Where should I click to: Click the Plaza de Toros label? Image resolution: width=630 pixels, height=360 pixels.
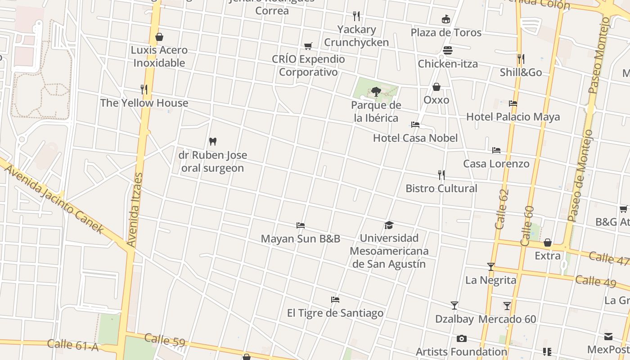(446, 32)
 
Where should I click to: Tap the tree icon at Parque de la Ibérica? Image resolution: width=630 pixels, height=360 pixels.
(376, 92)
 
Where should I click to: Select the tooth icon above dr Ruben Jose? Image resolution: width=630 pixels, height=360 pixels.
(213, 141)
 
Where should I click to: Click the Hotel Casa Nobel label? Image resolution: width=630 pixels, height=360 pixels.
(415, 138)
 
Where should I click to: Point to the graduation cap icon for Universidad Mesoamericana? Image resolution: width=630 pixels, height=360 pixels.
(389, 225)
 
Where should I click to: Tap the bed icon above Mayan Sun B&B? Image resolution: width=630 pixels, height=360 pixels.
(301, 225)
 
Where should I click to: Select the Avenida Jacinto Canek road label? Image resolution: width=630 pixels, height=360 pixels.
(54, 198)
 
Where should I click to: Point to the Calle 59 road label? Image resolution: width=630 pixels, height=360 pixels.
(165, 340)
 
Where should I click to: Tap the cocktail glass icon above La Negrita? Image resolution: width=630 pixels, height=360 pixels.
(490, 267)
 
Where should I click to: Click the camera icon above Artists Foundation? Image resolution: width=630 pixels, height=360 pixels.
(461, 338)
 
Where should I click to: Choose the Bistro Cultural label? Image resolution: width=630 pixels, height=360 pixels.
(441, 188)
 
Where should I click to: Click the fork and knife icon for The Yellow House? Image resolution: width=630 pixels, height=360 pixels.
(144, 90)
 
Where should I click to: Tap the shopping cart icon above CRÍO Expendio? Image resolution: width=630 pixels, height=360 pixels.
(308, 46)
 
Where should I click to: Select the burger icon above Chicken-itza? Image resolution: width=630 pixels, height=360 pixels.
(448, 50)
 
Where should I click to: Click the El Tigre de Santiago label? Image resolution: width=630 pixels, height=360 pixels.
(335, 313)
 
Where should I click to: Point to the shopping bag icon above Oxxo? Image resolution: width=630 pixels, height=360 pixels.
(436, 87)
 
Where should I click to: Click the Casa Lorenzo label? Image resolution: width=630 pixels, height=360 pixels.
(496, 163)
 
